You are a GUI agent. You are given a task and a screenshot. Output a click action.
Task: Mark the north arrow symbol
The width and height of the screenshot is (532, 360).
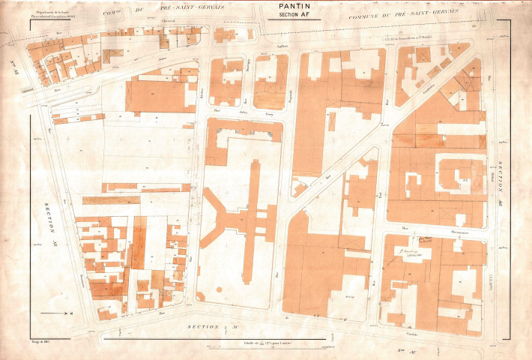[55, 311]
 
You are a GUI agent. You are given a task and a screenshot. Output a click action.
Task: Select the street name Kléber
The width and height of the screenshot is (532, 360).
[202, 97]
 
